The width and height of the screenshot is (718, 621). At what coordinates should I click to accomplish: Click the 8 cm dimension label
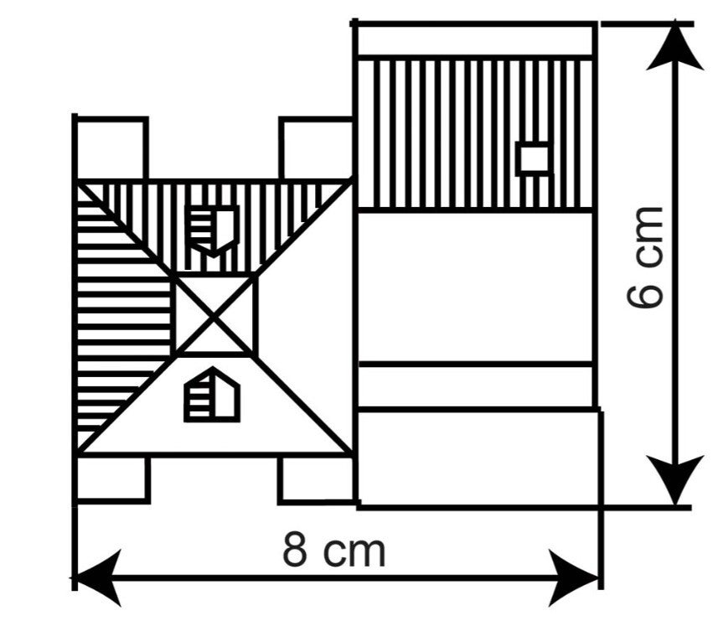tap(333, 551)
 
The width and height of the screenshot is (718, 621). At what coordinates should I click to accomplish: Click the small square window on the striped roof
tap(533, 158)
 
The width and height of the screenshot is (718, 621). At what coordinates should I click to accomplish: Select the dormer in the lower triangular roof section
tap(212, 396)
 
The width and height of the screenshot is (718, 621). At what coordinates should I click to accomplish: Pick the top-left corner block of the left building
tap(111, 148)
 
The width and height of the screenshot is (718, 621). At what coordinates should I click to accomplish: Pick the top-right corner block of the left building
tap(315, 148)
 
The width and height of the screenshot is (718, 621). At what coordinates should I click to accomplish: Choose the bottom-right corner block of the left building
tap(315, 479)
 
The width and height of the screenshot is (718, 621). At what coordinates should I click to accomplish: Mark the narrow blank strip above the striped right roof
tap(476, 40)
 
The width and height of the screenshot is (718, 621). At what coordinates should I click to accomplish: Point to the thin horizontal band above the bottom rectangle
tap(476, 386)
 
